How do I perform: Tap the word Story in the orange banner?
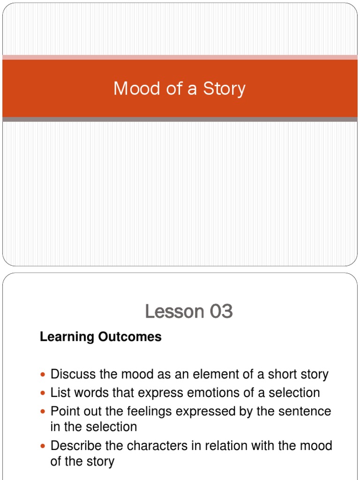point(225,89)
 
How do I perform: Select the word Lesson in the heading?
point(174,311)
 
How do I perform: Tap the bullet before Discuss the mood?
point(44,375)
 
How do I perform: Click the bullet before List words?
point(44,393)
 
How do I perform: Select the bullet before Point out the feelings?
point(44,412)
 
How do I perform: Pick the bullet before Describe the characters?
point(44,446)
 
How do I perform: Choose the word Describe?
point(75,445)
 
